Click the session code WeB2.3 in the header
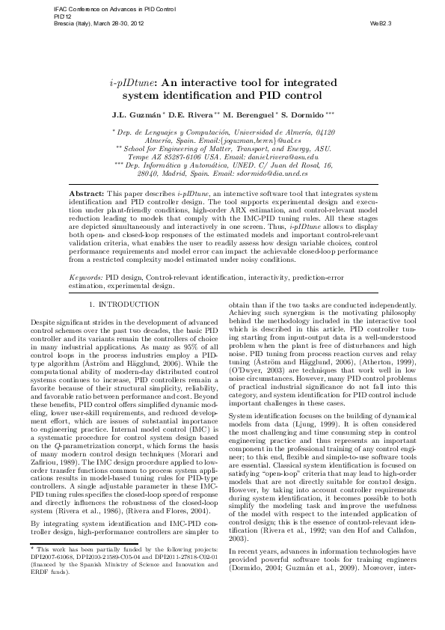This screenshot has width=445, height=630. [x=381, y=23]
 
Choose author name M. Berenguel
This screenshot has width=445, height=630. [x=251, y=115]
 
